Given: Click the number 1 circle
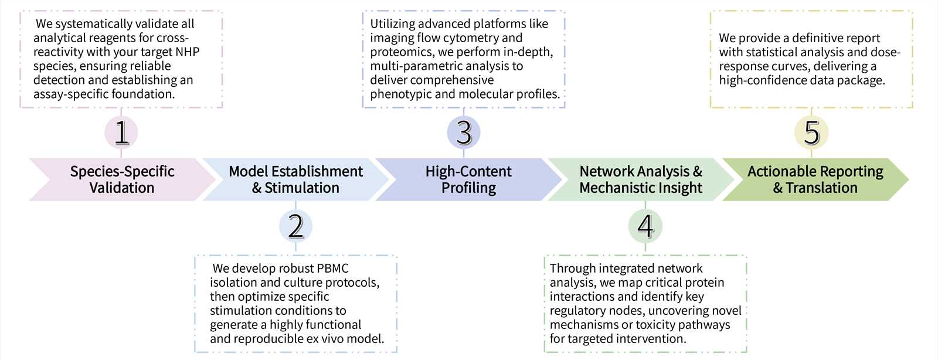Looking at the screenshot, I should click(121, 133).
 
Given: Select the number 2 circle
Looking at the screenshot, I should click(295, 226).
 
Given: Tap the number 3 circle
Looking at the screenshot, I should click(464, 133).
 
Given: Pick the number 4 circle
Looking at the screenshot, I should click(645, 226).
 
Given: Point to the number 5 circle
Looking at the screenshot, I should click(811, 133).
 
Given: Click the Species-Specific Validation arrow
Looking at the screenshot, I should click(122, 179).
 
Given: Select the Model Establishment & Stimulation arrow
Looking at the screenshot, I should click(295, 179).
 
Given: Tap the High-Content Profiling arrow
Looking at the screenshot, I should click(468, 179).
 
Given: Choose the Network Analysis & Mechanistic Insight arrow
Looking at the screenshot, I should click(640, 179).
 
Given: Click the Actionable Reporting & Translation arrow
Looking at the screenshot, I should click(815, 179).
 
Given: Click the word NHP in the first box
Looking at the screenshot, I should click(187, 52).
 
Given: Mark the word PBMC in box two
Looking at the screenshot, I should click(332, 269).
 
